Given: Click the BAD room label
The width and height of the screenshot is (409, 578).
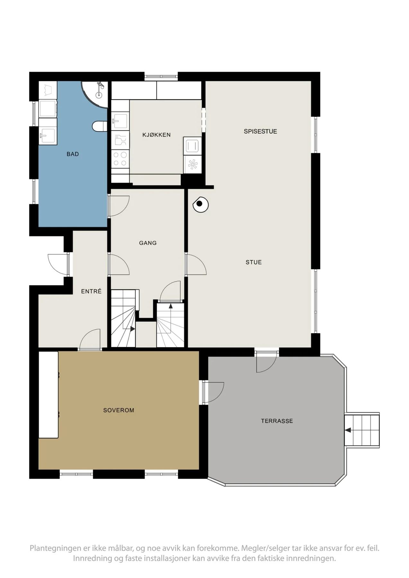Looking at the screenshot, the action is click(x=73, y=154).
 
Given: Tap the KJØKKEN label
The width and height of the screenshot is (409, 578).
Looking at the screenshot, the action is click(x=156, y=135).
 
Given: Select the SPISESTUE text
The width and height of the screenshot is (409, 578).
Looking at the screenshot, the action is click(x=260, y=131).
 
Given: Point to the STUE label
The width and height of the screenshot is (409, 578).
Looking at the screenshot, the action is click(x=253, y=262).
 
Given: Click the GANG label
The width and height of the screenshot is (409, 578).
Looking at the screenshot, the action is click(x=148, y=243).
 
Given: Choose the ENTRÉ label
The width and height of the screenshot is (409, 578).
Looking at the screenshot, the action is click(x=91, y=291).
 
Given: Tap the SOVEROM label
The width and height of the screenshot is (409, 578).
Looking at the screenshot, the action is click(x=119, y=410).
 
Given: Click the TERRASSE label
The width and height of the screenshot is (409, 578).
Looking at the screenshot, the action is click(x=277, y=421).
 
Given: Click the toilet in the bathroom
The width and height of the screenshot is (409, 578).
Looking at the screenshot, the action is click(x=99, y=126).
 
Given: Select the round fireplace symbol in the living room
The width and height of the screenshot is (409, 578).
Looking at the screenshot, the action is click(x=200, y=204).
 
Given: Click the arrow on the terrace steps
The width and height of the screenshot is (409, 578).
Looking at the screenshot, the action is click(x=348, y=430).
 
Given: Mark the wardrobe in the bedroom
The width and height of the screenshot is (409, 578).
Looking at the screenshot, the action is click(x=49, y=395).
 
